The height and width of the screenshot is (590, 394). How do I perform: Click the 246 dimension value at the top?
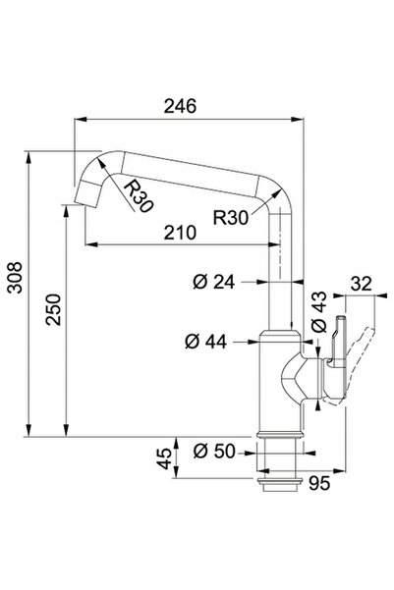click(180, 106)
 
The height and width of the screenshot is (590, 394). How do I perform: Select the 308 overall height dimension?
click(16, 278)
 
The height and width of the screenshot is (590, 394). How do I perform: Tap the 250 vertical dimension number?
click(53, 309)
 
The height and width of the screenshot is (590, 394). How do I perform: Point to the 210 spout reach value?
click(180, 233)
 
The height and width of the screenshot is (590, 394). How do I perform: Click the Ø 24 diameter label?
click(213, 282)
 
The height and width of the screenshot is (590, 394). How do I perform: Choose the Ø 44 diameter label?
click(205, 342)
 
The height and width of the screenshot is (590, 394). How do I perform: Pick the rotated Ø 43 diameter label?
click(319, 312)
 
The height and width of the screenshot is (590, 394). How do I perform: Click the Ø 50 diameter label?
click(214, 451)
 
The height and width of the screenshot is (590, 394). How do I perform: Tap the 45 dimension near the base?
click(164, 458)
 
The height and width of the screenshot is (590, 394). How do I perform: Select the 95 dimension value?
click(319, 483)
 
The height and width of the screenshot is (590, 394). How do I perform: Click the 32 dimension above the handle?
click(362, 284)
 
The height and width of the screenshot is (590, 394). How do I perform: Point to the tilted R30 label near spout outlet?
click(139, 196)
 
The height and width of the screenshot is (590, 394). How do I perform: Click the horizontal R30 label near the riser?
click(231, 218)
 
